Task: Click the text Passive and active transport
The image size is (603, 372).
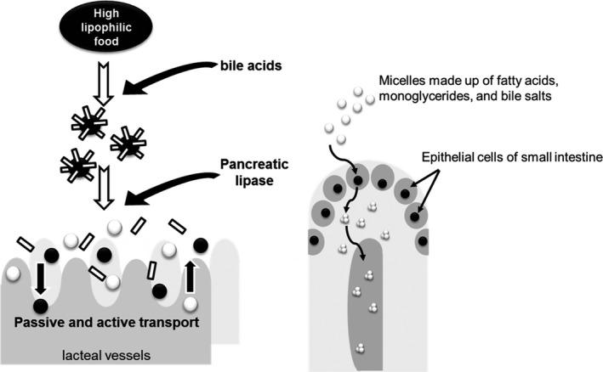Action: pyautogui.click(x=107, y=323)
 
